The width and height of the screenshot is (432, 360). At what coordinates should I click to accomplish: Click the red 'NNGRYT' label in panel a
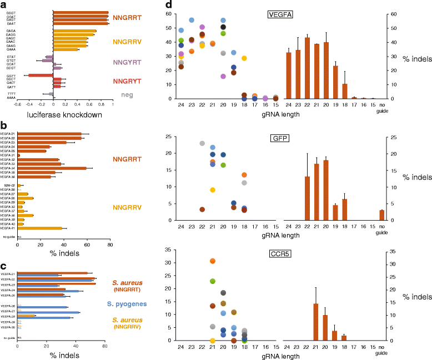pyautogui.click(x=131, y=80)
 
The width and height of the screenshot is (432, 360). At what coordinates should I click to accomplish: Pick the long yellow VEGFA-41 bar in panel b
pyautogui.click(x=40, y=228)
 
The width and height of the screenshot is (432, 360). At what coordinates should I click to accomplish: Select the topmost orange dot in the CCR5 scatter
pyautogui.click(x=213, y=261)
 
